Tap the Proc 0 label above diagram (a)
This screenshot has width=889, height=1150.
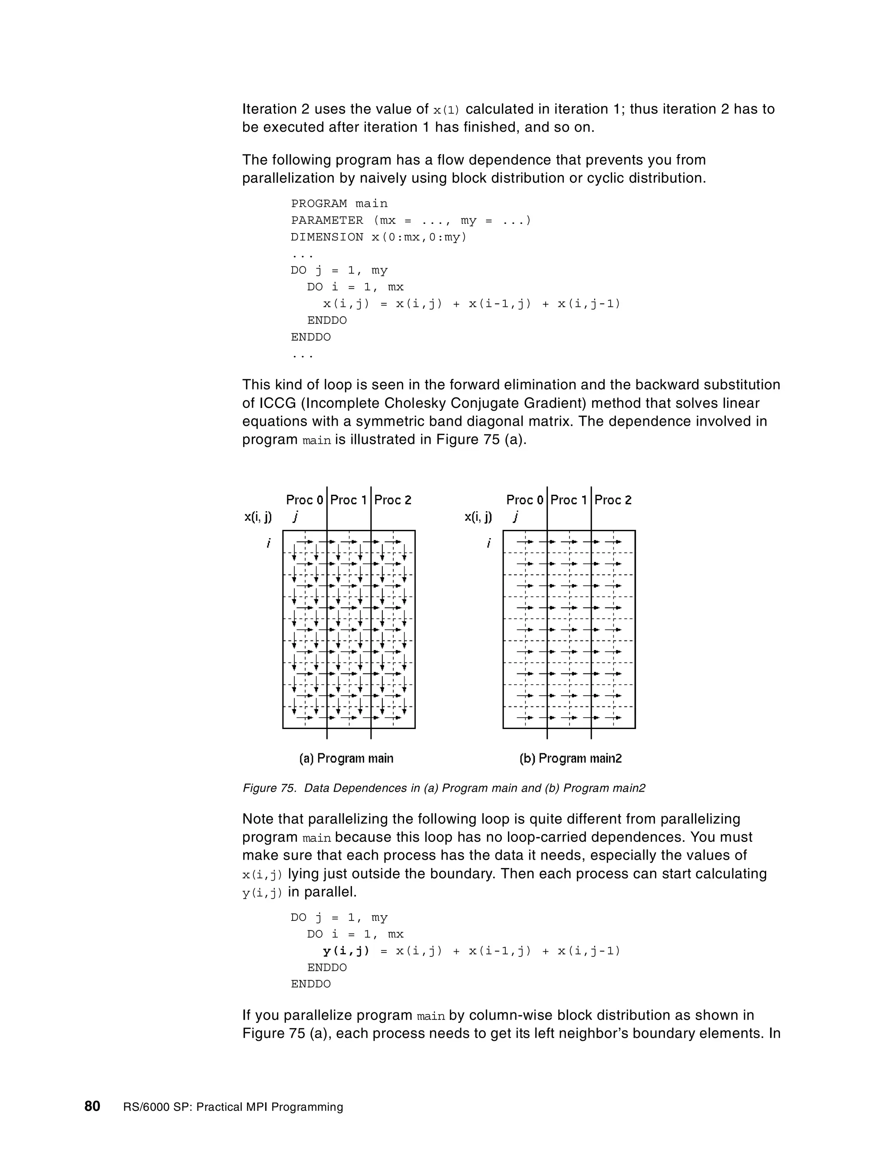[304, 499]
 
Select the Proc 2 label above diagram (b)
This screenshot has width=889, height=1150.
[612, 499]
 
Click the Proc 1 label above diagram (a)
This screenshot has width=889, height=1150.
[348, 499]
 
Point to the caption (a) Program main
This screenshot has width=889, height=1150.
[346, 758]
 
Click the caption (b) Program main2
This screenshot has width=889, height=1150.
[570, 758]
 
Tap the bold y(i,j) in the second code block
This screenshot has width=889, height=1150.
[346, 950]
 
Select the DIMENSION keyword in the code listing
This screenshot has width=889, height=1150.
[326, 237]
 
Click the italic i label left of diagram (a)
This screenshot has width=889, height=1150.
[269, 543]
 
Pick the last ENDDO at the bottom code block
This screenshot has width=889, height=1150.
[311, 984]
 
